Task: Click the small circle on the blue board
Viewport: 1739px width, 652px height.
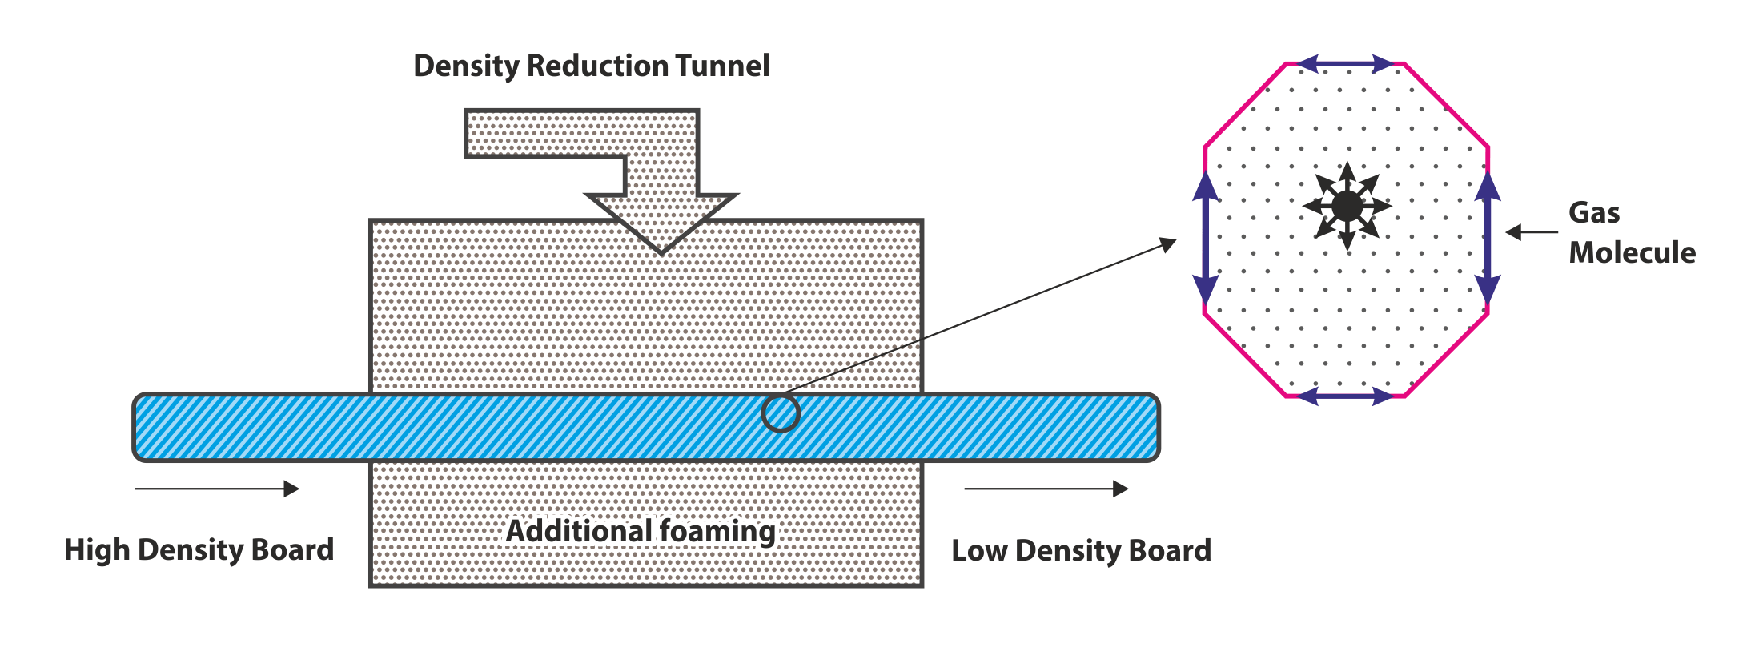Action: pyautogui.click(x=780, y=413)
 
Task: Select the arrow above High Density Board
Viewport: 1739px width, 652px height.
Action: pyautogui.click(x=217, y=489)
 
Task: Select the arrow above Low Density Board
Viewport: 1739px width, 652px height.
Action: pyautogui.click(x=1046, y=489)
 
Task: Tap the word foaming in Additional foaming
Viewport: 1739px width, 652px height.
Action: pyautogui.click(x=717, y=532)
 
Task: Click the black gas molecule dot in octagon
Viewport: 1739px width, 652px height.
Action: pyautogui.click(x=1347, y=207)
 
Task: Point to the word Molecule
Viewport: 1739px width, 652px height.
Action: pyautogui.click(x=1632, y=252)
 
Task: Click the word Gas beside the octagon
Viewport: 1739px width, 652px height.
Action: pyautogui.click(x=1593, y=213)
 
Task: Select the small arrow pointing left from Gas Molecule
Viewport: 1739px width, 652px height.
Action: pyautogui.click(x=1530, y=232)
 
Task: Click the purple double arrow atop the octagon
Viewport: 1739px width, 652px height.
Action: pyautogui.click(x=1345, y=63)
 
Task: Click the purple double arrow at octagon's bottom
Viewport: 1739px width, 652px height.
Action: pyautogui.click(x=1345, y=396)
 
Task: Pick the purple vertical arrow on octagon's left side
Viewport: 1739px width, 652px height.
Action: pyautogui.click(x=1206, y=239)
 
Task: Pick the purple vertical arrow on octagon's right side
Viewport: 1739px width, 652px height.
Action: pyautogui.click(x=1488, y=239)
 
